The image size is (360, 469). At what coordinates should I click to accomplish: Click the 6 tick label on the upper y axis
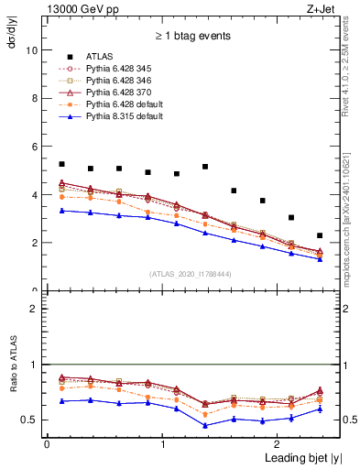click(34, 147)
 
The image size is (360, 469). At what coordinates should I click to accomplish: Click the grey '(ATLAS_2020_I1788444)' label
click(190, 273)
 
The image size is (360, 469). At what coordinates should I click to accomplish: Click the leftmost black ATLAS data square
click(61, 164)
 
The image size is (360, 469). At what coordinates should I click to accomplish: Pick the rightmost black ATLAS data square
click(320, 235)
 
